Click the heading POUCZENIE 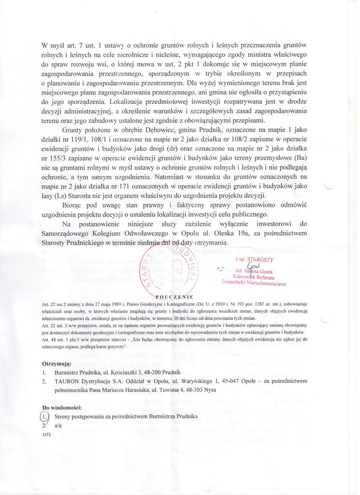(x=175, y=296)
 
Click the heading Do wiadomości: (x=62, y=407)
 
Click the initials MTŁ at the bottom (x=47, y=435)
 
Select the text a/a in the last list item (x=58, y=425)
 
